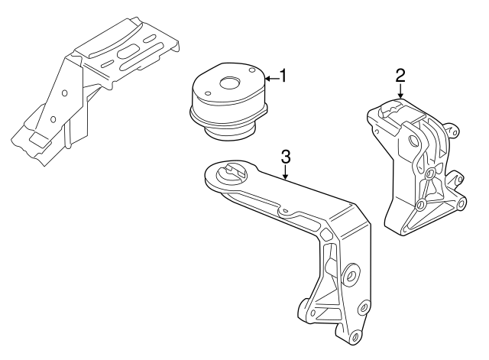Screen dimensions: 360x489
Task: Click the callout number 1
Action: [283, 76]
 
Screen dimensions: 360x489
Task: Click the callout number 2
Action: [400, 75]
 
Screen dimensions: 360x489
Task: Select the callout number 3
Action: [286, 157]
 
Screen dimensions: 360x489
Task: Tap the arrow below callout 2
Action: [400, 92]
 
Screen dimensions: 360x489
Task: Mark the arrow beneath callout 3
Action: [286, 174]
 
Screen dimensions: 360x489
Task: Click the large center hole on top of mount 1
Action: [229, 84]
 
